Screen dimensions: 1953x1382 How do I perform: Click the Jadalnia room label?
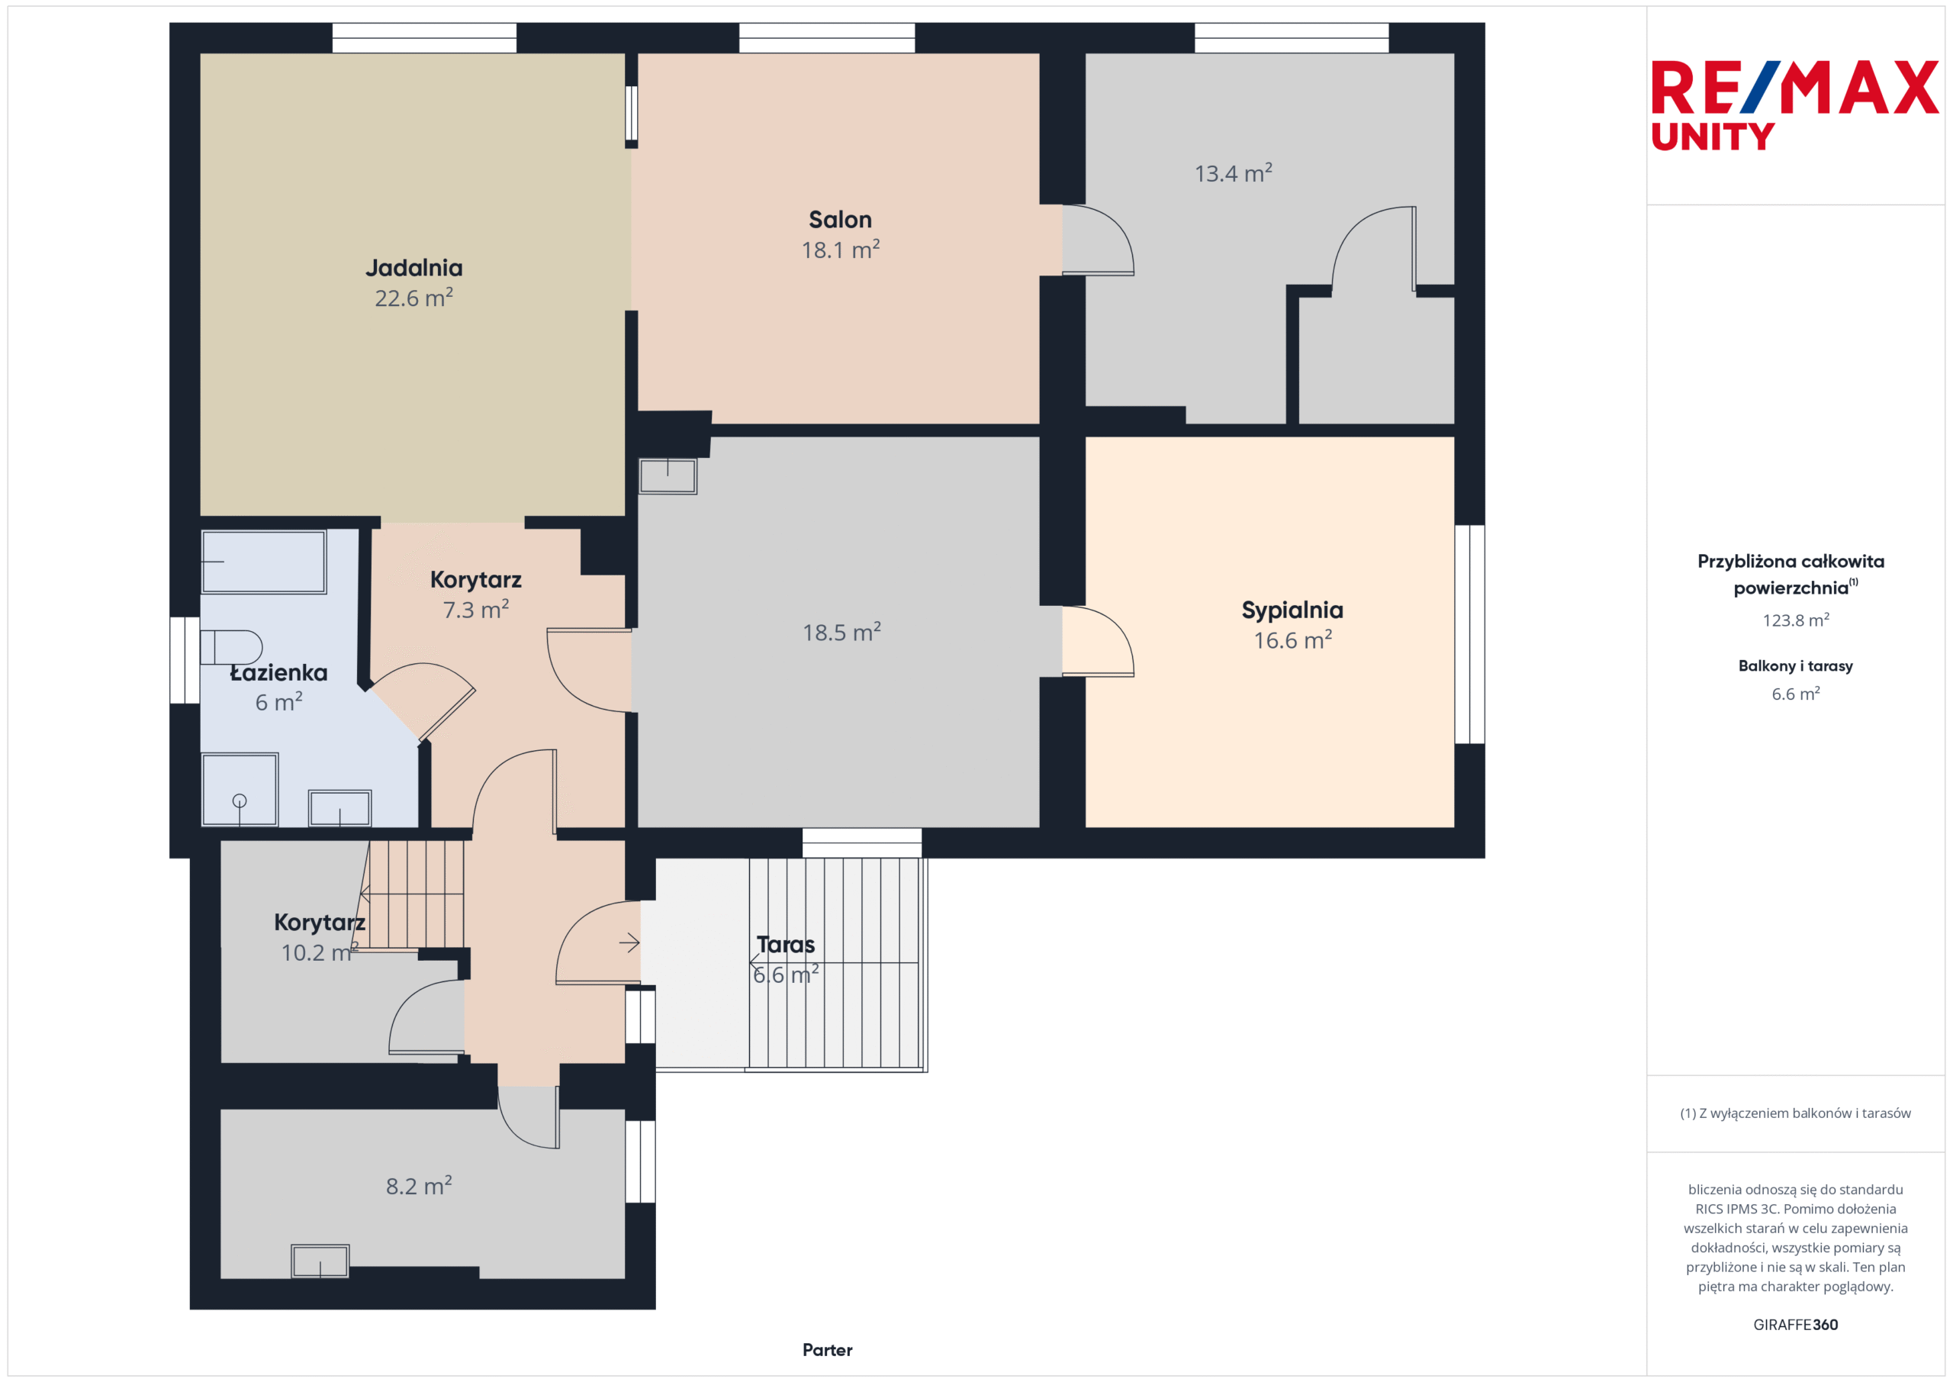click(414, 268)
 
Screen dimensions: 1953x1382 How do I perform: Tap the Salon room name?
click(841, 220)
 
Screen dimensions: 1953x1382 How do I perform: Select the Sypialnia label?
click(1292, 610)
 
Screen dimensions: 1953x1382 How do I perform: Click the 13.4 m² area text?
click(1234, 172)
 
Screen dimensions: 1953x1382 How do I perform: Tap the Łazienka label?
click(279, 672)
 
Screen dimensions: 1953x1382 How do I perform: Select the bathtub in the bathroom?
click(264, 562)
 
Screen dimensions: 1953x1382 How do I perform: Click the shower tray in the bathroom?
click(240, 789)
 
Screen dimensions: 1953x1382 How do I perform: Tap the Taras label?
click(785, 945)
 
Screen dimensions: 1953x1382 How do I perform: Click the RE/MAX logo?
click(1795, 87)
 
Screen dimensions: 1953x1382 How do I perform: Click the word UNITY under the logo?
click(1713, 136)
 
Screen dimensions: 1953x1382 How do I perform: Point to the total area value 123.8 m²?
click(1796, 620)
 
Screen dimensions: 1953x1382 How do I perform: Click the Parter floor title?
click(827, 1350)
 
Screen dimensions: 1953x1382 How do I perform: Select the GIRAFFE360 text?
click(1796, 1324)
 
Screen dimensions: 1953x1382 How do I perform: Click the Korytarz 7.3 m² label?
click(475, 594)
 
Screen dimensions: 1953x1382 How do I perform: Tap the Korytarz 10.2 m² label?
click(320, 937)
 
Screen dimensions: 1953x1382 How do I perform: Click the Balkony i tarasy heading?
click(1796, 665)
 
